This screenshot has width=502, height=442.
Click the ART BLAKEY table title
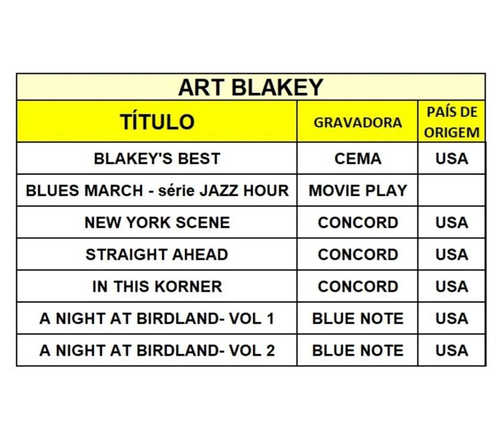tap(251, 87)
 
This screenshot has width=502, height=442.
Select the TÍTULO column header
tap(157, 122)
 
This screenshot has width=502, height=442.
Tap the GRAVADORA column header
tap(357, 122)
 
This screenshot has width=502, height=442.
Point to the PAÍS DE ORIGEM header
tap(452, 122)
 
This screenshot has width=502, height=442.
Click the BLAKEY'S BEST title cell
tap(157, 159)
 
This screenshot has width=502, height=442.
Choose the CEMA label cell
tap(357, 159)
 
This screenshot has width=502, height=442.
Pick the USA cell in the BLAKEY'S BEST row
tap(452, 159)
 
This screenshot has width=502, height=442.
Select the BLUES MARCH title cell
tap(157, 190)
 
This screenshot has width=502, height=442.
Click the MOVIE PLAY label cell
tap(357, 190)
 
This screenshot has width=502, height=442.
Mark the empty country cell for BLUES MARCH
tap(452, 190)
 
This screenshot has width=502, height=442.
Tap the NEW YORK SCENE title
tap(157, 222)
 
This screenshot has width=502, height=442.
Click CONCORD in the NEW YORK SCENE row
tap(357, 222)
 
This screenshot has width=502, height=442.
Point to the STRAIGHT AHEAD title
tap(157, 255)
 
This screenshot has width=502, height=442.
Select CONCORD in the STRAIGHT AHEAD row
tap(357, 255)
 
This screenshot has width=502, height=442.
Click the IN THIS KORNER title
tap(157, 287)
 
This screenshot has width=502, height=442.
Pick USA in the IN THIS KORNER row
tap(452, 287)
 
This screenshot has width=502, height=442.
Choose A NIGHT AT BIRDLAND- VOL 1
tap(157, 319)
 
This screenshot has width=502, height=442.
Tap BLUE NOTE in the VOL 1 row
tap(357, 319)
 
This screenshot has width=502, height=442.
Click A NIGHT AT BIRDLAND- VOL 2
tap(157, 350)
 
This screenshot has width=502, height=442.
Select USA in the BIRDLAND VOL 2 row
tap(452, 350)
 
